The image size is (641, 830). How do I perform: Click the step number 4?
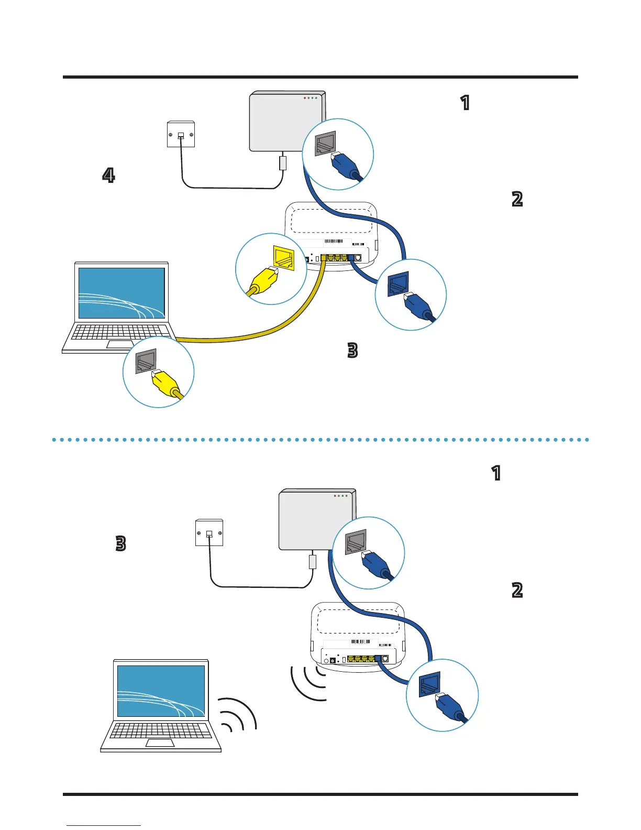[108, 175]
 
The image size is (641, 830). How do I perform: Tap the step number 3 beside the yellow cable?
[352, 350]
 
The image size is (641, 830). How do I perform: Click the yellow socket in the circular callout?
[284, 257]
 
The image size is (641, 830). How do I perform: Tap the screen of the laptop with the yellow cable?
[121, 293]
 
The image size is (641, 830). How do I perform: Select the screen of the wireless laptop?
[161, 691]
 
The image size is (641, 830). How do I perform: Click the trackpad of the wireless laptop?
[160, 743]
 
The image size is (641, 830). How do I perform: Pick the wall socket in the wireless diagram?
[209, 532]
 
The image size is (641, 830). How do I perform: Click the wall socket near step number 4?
[181, 134]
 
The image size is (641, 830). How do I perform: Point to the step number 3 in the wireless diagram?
[120, 543]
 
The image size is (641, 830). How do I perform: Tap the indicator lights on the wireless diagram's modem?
[340, 496]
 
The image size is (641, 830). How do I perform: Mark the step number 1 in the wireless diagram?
[496, 473]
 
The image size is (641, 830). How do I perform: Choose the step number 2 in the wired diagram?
[517, 199]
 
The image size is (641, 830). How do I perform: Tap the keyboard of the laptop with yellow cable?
[119, 332]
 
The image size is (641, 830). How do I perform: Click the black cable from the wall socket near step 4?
[230, 187]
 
